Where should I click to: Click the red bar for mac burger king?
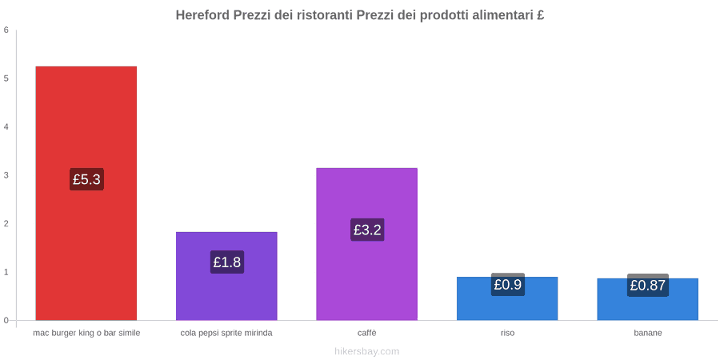[86, 194]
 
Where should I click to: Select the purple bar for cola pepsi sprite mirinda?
[227, 276]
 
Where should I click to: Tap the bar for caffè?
[367, 244]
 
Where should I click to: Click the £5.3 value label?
[86, 179]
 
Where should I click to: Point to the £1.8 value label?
[227, 262]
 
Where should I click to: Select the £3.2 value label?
[367, 230]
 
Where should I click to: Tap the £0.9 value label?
[508, 285]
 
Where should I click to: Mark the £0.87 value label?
[648, 286]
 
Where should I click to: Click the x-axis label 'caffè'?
[367, 334]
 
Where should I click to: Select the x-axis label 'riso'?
[507, 334]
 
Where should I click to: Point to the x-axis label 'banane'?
[648, 334]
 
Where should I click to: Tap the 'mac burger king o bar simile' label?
[86, 334]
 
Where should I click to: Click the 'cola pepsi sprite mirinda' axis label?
[227, 334]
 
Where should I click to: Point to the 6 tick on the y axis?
[6, 30]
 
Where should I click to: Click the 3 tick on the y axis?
[6, 175]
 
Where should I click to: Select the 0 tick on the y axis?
[6, 321]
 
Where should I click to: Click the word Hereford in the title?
[202, 15]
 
